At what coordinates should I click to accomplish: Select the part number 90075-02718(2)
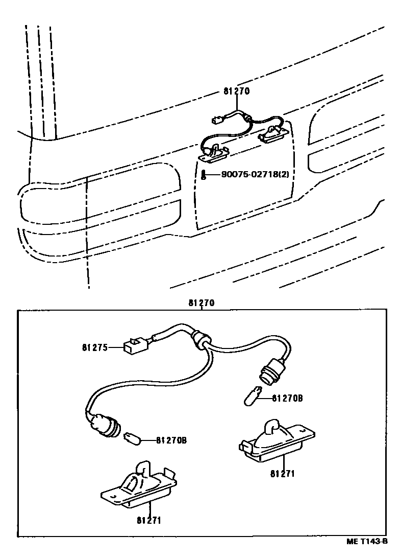pyautogui.click(x=255, y=175)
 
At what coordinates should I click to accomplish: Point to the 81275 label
pyautogui.click(x=94, y=348)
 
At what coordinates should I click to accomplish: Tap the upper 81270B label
pyautogui.click(x=287, y=398)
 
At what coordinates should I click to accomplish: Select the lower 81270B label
pyautogui.click(x=171, y=440)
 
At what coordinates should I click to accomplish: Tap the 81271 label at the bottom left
pyautogui.click(x=148, y=520)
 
